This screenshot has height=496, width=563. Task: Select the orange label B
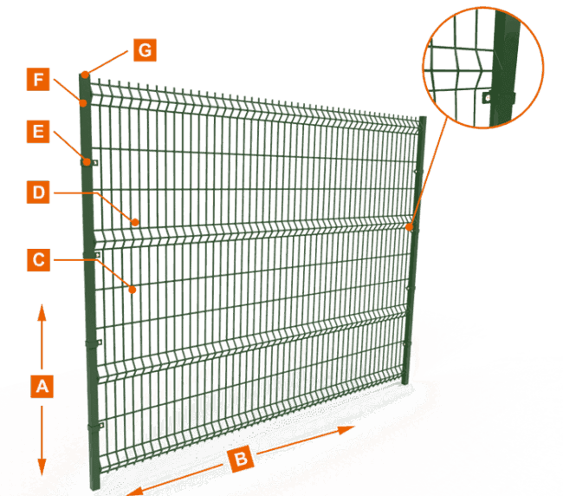(242, 458)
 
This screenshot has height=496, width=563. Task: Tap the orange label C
(38, 259)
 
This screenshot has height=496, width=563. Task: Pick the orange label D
(38, 193)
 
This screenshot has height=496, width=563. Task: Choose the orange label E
(38, 131)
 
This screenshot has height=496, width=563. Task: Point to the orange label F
(38, 81)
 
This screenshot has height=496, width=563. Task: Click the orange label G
(145, 50)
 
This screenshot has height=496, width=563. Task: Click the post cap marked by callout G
(85, 74)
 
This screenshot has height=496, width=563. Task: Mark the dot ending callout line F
(84, 103)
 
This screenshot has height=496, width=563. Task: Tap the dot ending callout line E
(87, 160)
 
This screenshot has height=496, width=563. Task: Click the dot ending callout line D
(136, 222)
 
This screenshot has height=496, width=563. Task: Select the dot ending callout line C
(133, 290)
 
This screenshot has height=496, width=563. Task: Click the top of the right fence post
(423, 118)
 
